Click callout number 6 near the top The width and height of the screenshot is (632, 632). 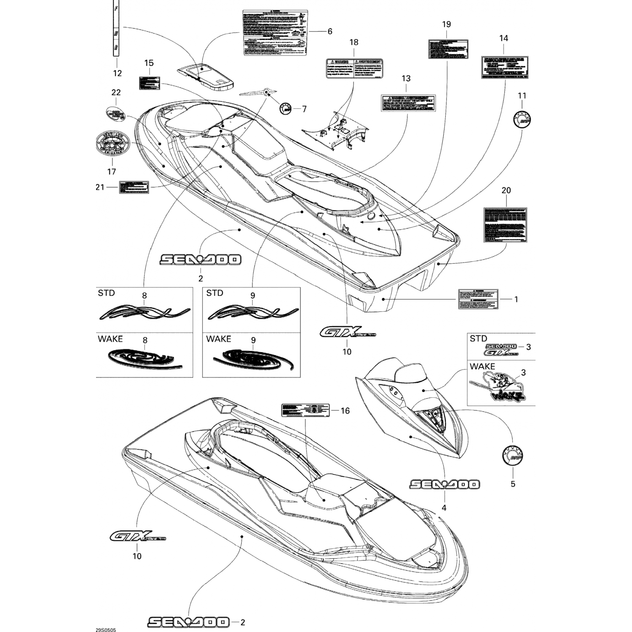330,31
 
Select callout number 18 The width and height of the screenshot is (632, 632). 353,42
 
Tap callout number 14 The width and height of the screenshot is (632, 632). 503,38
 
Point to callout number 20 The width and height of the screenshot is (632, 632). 506,190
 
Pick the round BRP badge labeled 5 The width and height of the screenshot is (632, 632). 512,455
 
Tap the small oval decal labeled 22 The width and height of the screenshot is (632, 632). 115,114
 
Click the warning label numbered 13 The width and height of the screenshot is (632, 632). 408,103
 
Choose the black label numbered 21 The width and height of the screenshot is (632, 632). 134,187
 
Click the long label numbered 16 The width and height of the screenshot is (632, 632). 305,410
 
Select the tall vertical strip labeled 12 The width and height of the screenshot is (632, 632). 116,28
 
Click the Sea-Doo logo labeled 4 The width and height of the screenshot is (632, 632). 444,485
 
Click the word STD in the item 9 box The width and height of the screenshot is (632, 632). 215,293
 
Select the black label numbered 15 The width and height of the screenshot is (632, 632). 150,83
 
